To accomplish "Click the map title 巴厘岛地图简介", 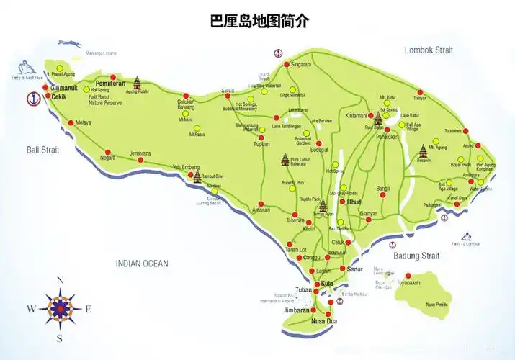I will click(259, 21).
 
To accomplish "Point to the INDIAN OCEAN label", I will click(142, 264).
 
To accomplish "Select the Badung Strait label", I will click(416, 256).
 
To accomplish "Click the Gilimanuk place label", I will click(64, 88).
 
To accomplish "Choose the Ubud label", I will click(354, 202).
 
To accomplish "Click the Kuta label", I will click(327, 283).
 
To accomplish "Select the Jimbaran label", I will click(296, 310).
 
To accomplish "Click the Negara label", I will click(107, 157).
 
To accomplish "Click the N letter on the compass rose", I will click(61, 281).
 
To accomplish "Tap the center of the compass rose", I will click(61, 309).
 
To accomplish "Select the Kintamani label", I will click(356, 115).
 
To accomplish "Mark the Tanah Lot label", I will click(297, 250).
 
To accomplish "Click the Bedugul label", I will click(317, 149).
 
